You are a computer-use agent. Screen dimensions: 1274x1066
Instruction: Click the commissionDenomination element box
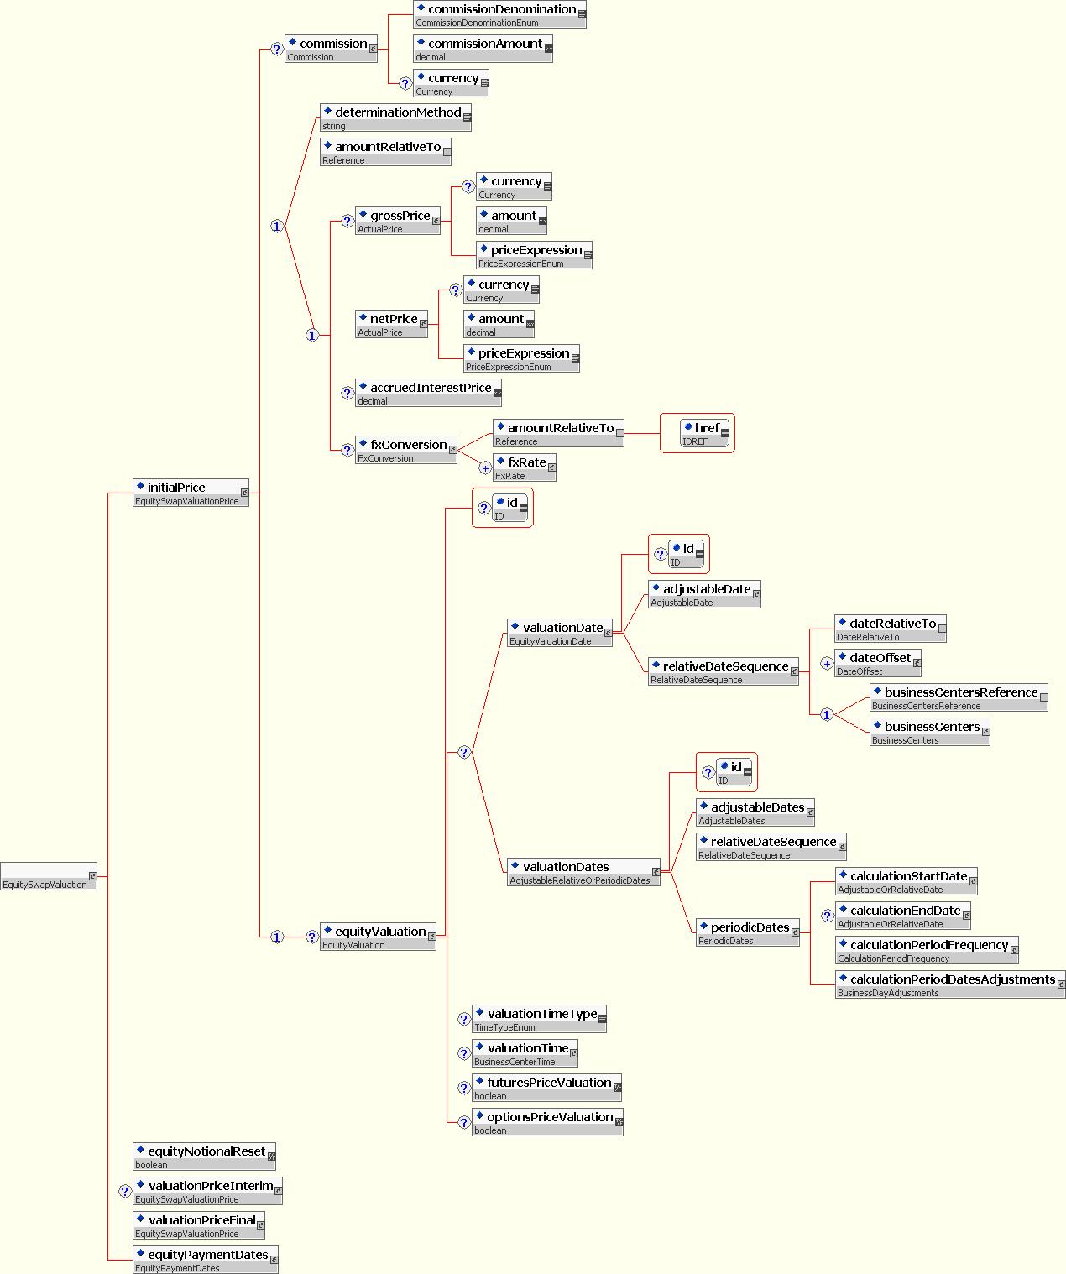click(499, 14)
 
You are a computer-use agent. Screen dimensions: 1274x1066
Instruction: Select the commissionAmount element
click(483, 49)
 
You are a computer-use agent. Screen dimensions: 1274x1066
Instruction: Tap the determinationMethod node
click(395, 117)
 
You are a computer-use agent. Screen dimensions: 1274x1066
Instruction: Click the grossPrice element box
click(398, 221)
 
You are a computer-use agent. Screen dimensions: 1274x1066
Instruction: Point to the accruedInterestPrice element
click(428, 393)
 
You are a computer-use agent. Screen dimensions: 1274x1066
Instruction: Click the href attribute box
click(705, 433)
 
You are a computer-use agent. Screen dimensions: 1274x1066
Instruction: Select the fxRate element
click(525, 467)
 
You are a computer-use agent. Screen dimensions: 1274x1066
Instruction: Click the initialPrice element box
click(191, 493)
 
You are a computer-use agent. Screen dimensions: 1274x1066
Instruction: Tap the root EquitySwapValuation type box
click(49, 876)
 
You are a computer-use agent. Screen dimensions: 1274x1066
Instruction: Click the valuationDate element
click(560, 633)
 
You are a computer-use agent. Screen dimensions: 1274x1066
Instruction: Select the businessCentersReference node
click(959, 697)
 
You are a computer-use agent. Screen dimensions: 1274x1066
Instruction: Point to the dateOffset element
click(878, 663)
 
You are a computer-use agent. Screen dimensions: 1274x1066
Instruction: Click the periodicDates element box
click(747, 932)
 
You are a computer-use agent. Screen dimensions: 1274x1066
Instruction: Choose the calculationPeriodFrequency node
click(927, 950)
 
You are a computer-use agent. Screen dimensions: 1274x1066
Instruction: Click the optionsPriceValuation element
click(547, 1122)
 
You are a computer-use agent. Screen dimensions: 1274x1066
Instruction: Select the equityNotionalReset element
click(204, 1157)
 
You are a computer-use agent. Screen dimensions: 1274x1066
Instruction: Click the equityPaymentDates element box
click(206, 1260)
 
